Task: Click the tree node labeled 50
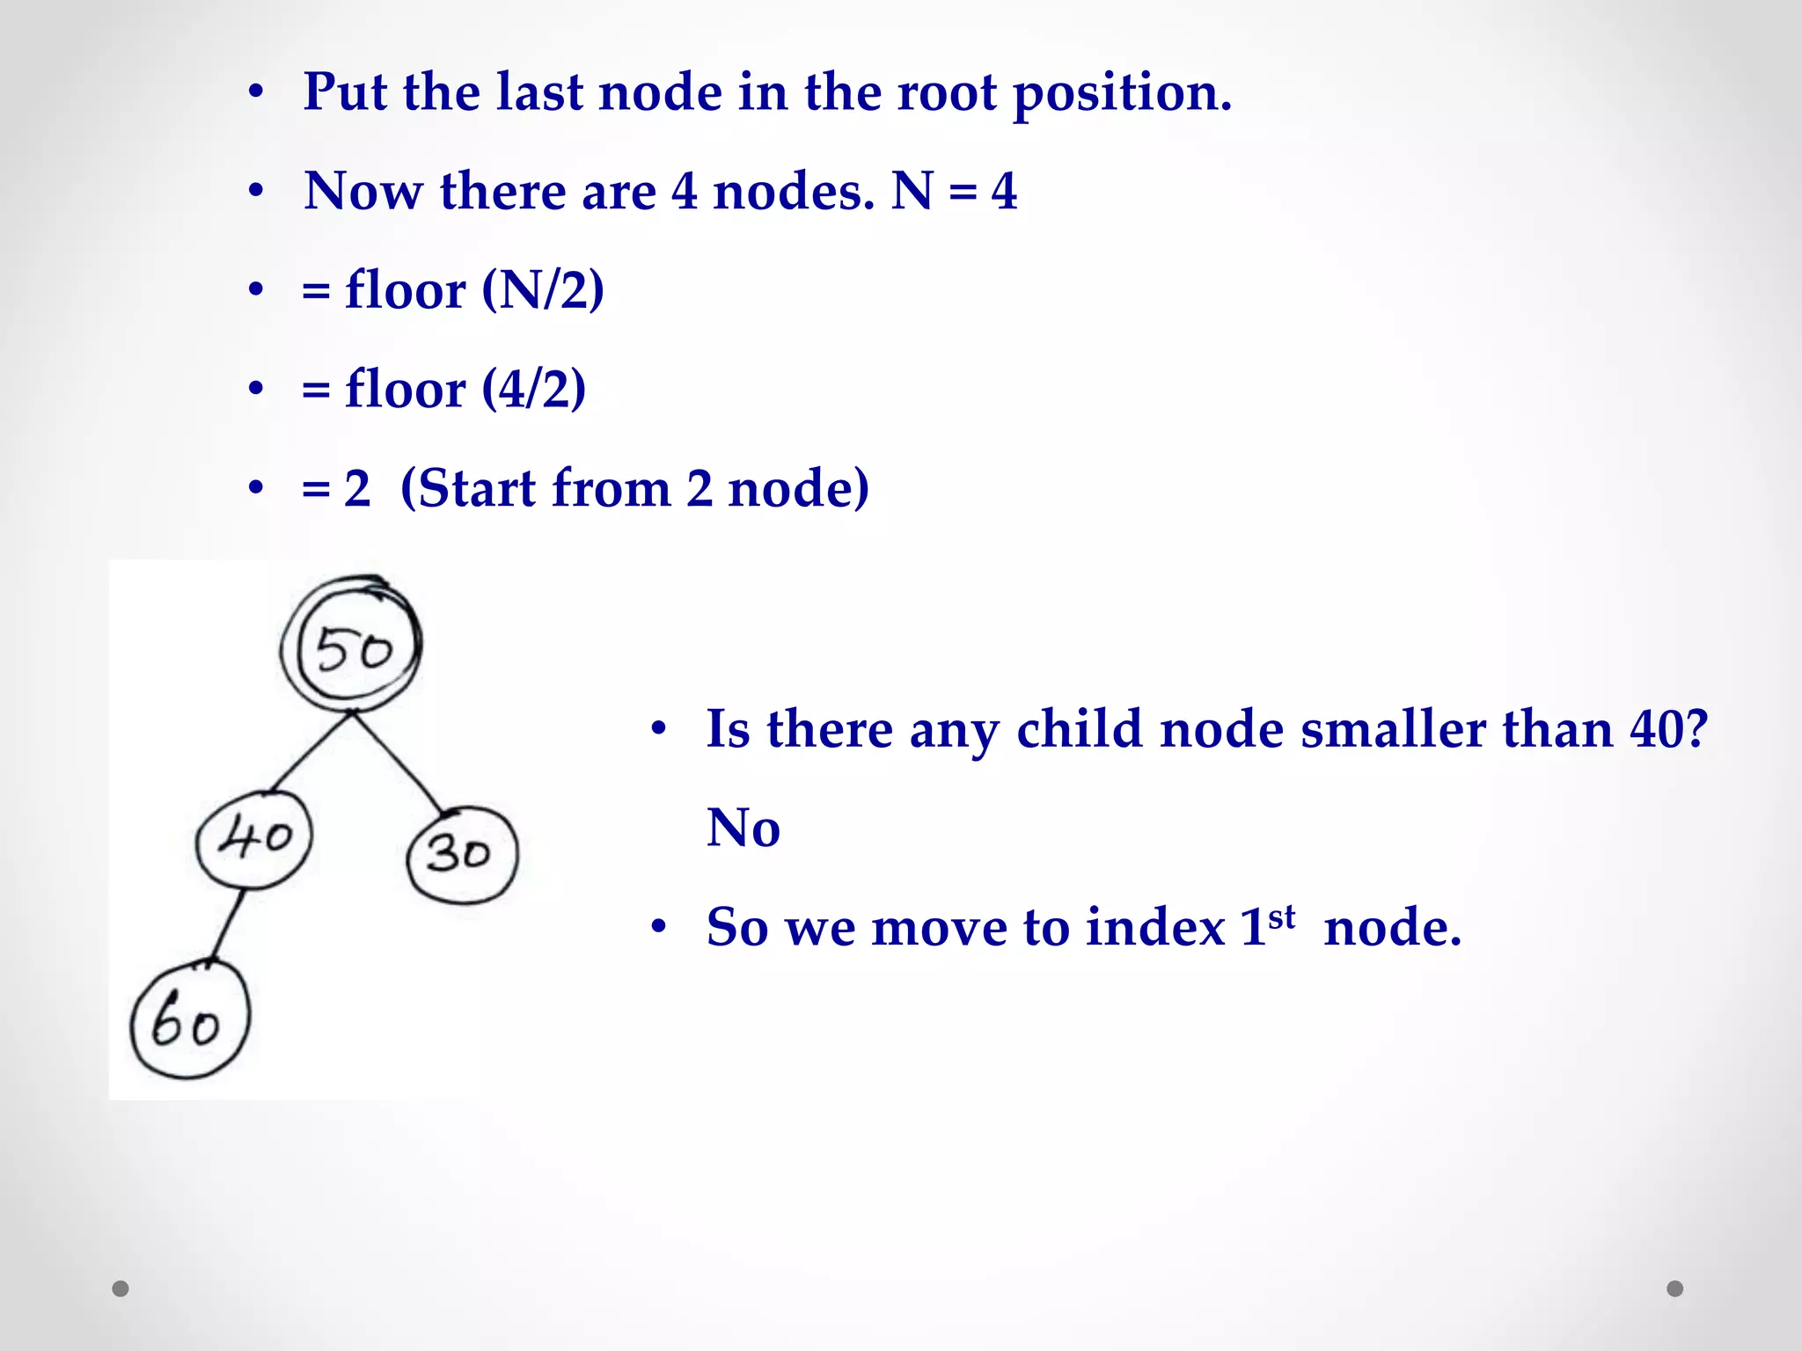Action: [x=353, y=647]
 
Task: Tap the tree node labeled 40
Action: [x=254, y=838]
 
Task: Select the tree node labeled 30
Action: [x=462, y=854]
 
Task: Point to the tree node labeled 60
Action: [x=189, y=1020]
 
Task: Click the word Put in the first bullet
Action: [x=344, y=91]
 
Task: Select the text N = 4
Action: [x=954, y=191]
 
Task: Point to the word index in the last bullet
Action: [x=1155, y=927]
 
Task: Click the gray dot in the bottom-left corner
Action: [x=121, y=1289]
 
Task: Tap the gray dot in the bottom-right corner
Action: [x=1675, y=1289]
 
